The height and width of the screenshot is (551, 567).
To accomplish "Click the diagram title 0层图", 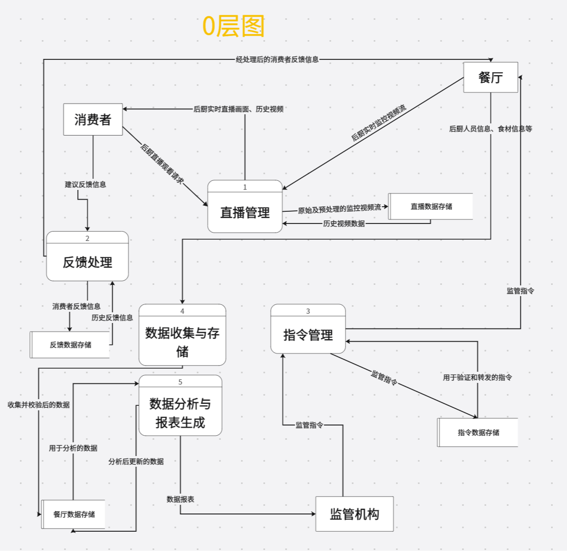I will (x=234, y=26).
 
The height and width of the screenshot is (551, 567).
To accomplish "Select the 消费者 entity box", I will (x=92, y=120).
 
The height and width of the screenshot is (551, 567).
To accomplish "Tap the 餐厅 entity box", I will (x=490, y=78).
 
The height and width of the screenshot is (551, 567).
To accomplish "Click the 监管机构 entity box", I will (x=354, y=514).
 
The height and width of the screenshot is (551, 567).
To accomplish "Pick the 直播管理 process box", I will (x=245, y=212).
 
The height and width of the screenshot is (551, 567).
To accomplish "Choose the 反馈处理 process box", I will (x=87, y=262).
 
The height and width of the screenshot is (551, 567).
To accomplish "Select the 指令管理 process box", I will (x=308, y=335).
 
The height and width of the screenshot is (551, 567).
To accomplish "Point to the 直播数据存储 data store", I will (x=431, y=206).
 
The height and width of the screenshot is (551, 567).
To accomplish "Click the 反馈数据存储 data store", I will (x=71, y=345).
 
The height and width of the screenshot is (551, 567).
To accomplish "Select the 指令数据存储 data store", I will (x=478, y=433).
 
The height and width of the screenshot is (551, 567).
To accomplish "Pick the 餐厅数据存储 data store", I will (x=74, y=514).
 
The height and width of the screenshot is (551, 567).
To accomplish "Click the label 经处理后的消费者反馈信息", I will (x=277, y=59).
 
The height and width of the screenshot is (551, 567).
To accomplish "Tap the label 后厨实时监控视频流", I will (x=379, y=123).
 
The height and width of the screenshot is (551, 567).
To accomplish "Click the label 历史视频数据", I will (x=343, y=223).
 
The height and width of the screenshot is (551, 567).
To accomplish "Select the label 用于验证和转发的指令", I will (x=477, y=377).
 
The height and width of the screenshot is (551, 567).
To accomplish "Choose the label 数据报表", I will (x=180, y=499).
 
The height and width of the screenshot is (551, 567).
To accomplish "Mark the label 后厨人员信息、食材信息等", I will (x=490, y=129).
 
